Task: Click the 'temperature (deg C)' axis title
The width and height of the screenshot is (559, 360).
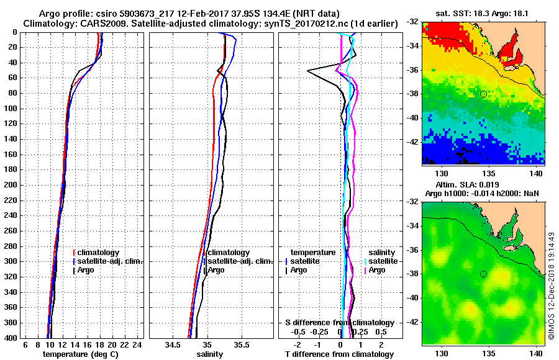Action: [80, 354]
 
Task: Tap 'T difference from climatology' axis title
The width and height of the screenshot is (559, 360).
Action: [339, 354]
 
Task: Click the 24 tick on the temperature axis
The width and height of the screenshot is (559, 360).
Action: [138, 344]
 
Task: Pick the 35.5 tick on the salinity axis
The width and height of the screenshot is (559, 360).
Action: [242, 344]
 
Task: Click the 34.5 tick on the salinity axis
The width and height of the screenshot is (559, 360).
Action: [174, 344]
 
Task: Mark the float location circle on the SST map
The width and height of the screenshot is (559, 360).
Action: [483, 94]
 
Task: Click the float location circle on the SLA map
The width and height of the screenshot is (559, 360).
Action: [483, 274]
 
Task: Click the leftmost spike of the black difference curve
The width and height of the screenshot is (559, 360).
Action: [308, 71]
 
